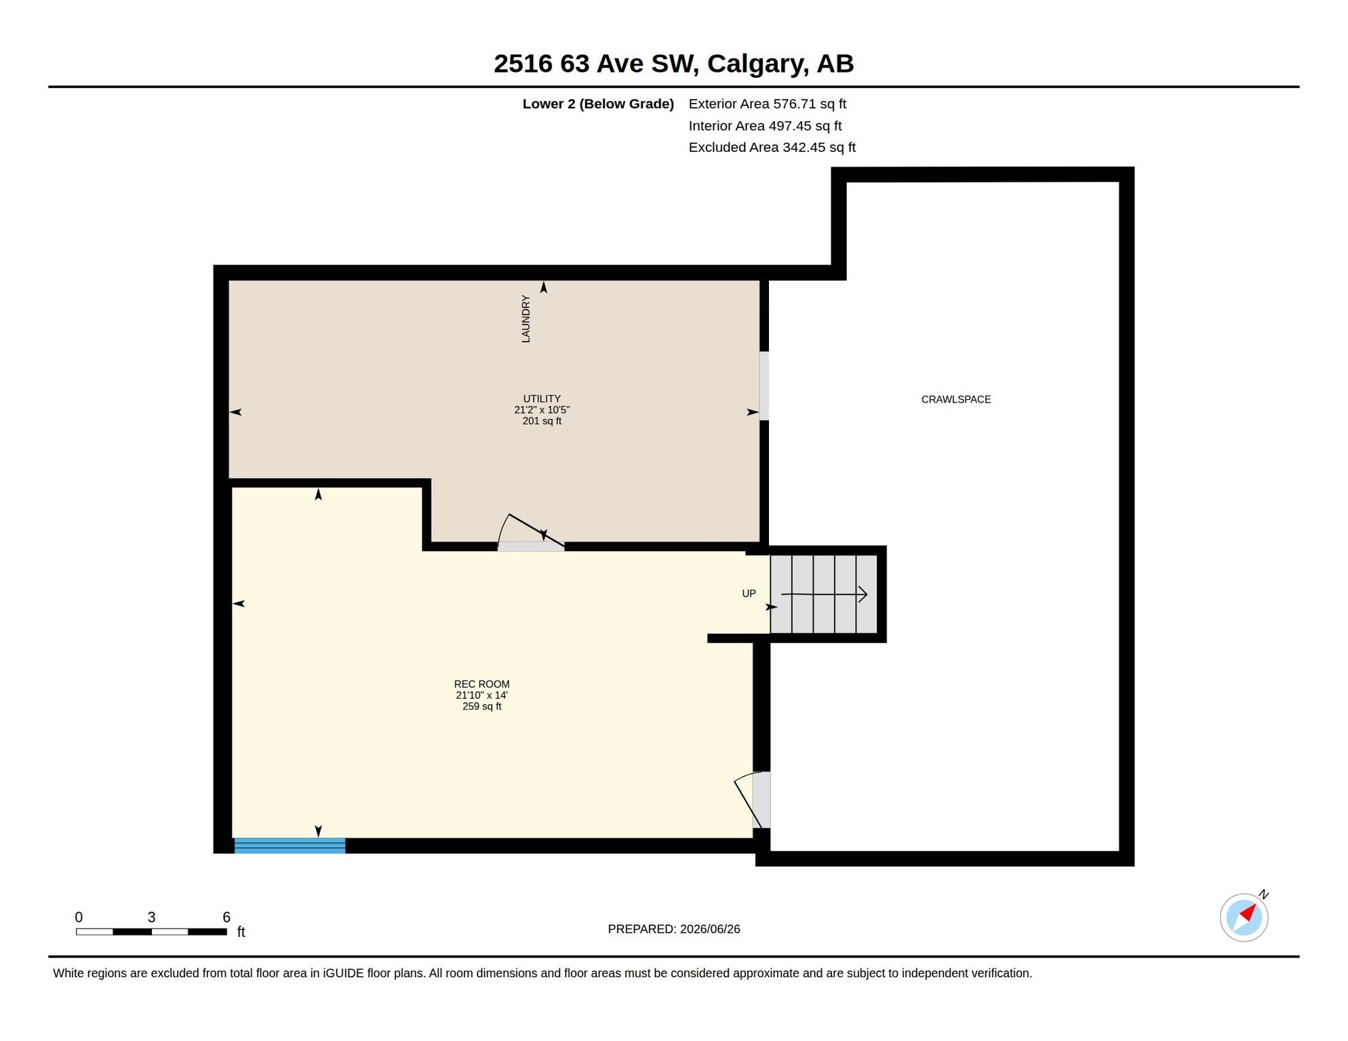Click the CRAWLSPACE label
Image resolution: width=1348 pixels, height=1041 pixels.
point(955,400)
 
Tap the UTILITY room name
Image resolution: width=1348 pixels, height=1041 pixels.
point(542,399)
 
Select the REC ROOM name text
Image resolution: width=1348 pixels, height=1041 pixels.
point(481,685)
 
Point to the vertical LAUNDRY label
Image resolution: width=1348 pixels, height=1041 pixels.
point(526,319)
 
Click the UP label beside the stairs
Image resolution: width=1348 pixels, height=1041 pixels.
point(749,594)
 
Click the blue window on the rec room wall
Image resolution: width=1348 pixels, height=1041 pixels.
point(290,845)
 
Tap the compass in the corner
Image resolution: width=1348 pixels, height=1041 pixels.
point(1244,917)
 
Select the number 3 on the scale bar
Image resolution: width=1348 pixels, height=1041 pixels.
point(151,917)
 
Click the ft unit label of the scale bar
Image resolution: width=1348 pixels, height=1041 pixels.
point(241,932)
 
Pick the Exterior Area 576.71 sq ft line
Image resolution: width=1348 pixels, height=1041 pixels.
point(768,104)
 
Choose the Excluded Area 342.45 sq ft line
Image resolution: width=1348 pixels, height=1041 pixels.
point(772,147)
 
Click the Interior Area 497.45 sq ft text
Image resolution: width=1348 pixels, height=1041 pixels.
point(765,125)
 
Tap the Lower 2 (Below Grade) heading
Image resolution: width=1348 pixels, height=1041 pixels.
point(598,104)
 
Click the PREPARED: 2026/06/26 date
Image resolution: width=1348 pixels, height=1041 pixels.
point(674,929)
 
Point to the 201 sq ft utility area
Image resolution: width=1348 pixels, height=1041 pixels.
point(542,421)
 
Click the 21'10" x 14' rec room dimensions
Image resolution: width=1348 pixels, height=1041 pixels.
point(481,695)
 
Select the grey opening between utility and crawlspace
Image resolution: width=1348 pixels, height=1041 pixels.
point(764,386)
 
